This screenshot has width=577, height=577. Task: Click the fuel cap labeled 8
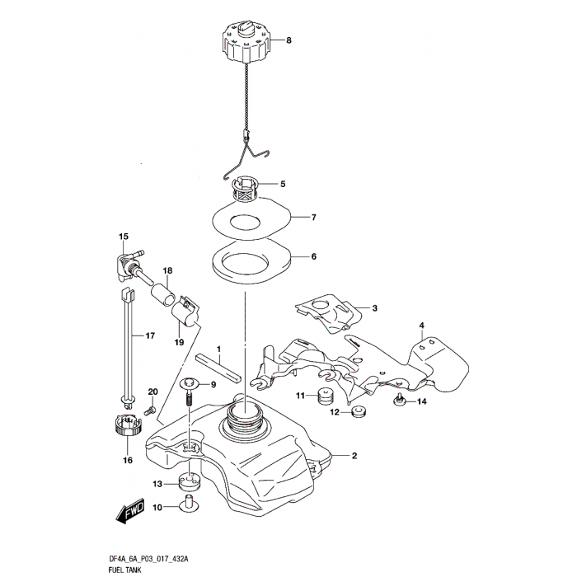(x=245, y=41)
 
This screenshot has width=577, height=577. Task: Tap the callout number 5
(x=283, y=185)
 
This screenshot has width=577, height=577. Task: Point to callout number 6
(x=313, y=256)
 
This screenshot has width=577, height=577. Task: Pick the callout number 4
(x=421, y=325)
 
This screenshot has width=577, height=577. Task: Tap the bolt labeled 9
(x=190, y=387)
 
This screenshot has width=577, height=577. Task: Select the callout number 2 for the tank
(x=354, y=456)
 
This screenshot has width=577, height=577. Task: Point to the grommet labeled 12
(x=357, y=411)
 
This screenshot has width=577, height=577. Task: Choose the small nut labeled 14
(x=398, y=401)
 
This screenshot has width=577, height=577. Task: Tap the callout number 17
(x=150, y=335)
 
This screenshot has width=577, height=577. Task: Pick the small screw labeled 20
(x=150, y=407)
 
